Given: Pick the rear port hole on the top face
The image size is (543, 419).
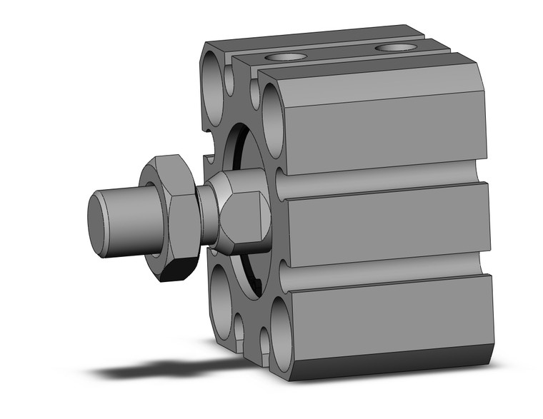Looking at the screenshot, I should click(397, 48).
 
